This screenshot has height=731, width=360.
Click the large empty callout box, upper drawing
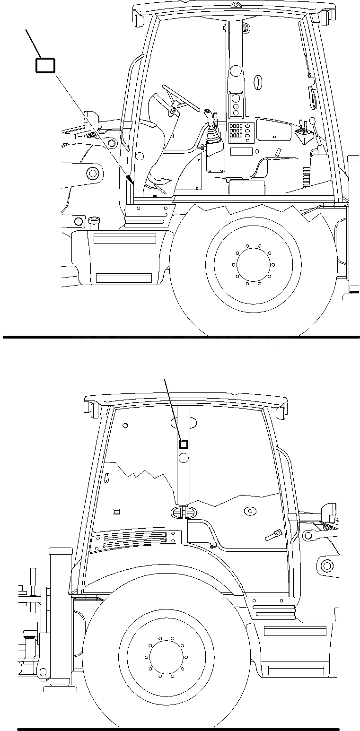[x=45, y=65]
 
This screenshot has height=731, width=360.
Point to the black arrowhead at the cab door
[x=129, y=179]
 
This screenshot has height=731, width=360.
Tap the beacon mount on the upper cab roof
[x=234, y=6]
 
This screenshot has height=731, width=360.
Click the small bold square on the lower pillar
[x=183, y=444]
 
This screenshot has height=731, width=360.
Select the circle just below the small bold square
[x=184, y=457]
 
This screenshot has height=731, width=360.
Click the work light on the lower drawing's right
[x=328, y=512]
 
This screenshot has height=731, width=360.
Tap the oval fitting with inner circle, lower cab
[x=249, y=511]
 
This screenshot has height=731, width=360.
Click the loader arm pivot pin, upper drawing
[x=93, y=174]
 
